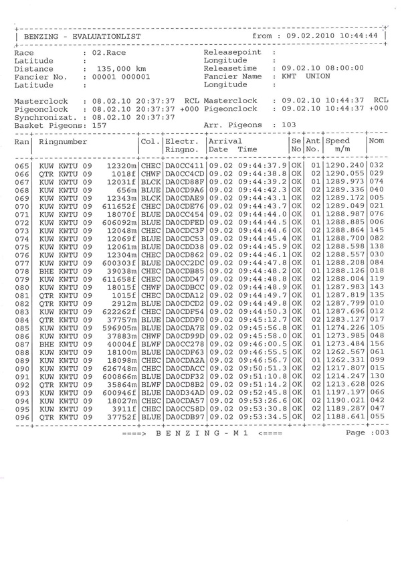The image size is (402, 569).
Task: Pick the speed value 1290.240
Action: (345, 165)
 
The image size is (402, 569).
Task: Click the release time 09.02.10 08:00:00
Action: (323, 68)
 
